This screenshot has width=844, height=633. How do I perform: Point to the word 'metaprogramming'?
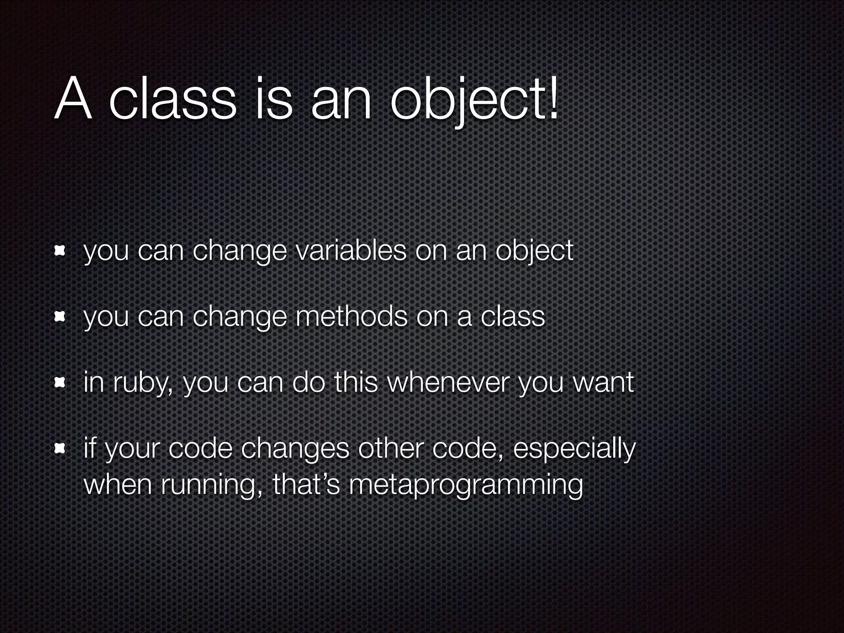click(x=466, y=485)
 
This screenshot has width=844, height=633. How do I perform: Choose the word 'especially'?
click(x=574, y=450)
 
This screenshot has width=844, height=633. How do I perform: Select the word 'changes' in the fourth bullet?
click(x=295, y=450)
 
